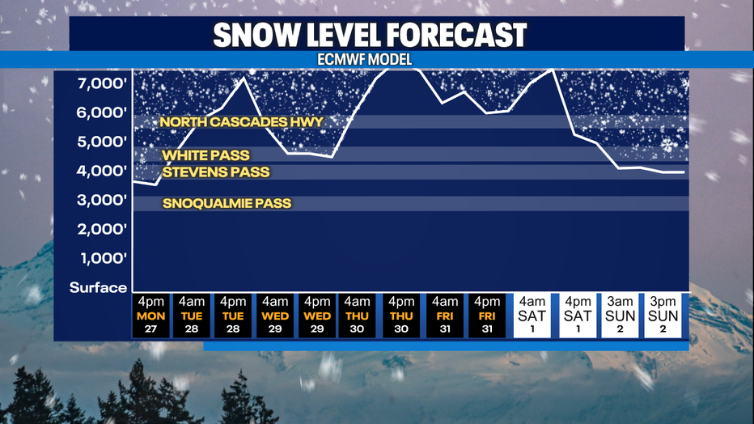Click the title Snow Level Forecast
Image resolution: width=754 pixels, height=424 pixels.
[x=370, y=35]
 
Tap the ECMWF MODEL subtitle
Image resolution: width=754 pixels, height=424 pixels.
[x=365, y=60]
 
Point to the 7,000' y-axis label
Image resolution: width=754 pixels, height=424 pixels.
[x=102, y=83]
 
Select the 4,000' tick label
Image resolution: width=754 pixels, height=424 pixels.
[x=102, y=171]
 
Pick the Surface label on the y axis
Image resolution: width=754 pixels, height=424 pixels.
[x=98, y=287]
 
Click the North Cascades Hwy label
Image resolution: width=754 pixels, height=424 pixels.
[x=241, y=122]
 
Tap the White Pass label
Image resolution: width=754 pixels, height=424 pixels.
[x=205, y=155]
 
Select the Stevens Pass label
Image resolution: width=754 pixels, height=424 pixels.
[x=216, y=172]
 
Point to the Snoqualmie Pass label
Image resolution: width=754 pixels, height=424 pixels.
[x=227, y=203]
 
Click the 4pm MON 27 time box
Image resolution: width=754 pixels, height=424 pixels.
[x=151, y=316]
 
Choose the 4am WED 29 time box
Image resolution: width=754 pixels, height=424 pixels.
[x=275, y=316]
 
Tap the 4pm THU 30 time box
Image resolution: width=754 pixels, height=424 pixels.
[x=401, y=316]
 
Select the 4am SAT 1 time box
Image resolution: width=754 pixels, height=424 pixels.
[x=532, y=316]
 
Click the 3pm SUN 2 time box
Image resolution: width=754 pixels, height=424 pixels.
[x=663, y=316]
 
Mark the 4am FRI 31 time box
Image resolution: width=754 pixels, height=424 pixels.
[x=445, y=316]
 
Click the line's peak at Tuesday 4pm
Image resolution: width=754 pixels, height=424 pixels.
[x=244, y=78]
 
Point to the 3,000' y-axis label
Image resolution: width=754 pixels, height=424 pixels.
[x=102, y=200]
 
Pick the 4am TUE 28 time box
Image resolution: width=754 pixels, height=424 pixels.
[x=192, y=316]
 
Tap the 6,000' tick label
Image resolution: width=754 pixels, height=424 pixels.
[x=102, y=112]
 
